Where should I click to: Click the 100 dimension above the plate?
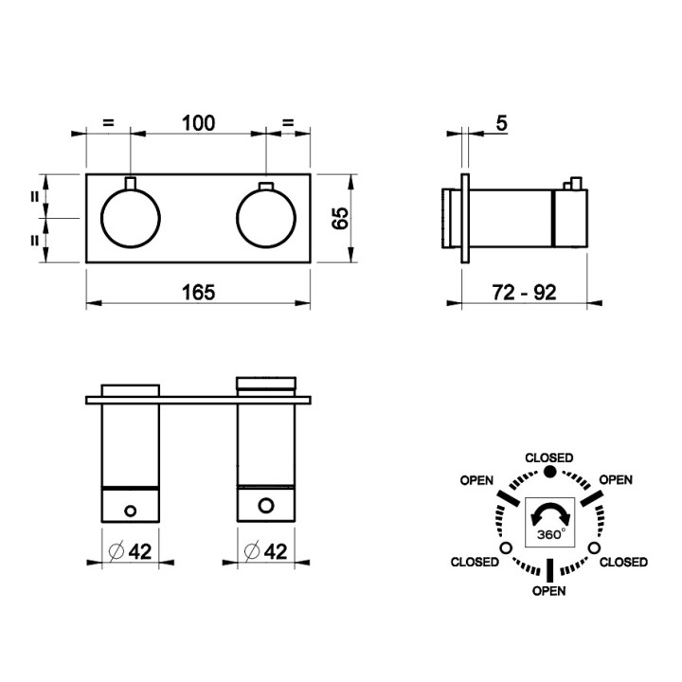(x=198, y=123)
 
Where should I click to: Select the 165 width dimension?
(x=198, y=293)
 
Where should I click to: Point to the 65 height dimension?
(x=340, y=218)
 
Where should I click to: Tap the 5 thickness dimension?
(x=501, y=123)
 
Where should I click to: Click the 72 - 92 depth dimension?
(x=524, y=293)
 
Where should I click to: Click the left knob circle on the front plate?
(x=131, y=218)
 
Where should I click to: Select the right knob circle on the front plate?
(x=266, y=218)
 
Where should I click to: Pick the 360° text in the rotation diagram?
(x=551, y=534)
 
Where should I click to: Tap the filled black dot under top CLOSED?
(x=550, y=472)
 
